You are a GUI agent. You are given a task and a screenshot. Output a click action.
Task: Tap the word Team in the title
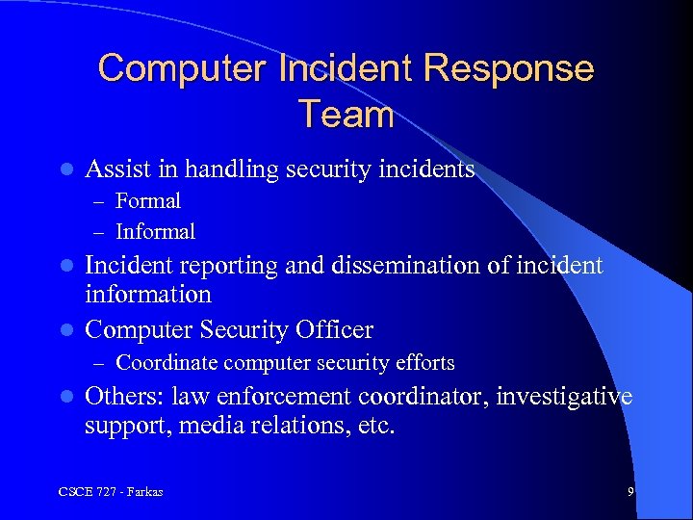346,115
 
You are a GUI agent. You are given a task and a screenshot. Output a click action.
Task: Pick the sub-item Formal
147,200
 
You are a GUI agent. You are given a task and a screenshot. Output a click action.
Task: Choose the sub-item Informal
155,231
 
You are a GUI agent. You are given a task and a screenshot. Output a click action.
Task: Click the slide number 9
630,492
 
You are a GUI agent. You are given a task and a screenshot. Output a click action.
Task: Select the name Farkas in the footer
141,492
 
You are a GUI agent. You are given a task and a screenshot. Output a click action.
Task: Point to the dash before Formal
100,201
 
